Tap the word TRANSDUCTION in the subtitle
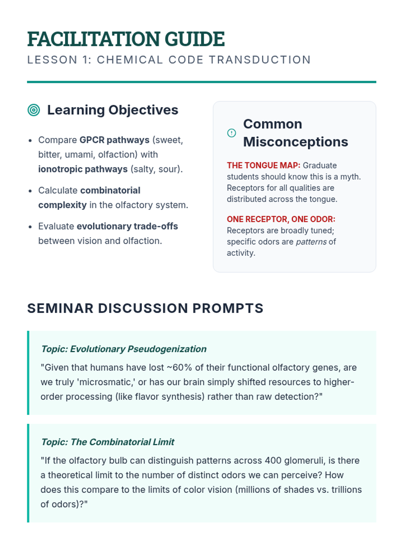click(x=260, y=60)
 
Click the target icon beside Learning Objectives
click(x=34, y=110)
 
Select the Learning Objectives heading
click(x=113, y=110)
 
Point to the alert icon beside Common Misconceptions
click(x=231, y=133)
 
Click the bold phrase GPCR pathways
click(x=115, y=140)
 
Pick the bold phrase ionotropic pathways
click(x=83, y=169)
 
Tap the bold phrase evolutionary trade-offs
click(x=127, y=226)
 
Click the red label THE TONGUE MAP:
click(x=264, y=165)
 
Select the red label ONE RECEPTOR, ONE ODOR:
click(x=281, y=219)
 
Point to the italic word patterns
click(x=311, y=242)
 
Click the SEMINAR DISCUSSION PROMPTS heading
click(x=145, y=308)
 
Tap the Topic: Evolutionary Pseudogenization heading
click(x=124, y=349)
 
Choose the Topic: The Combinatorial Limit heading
click(x=108, y=442)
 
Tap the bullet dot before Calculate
click(x=30, y=191)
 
